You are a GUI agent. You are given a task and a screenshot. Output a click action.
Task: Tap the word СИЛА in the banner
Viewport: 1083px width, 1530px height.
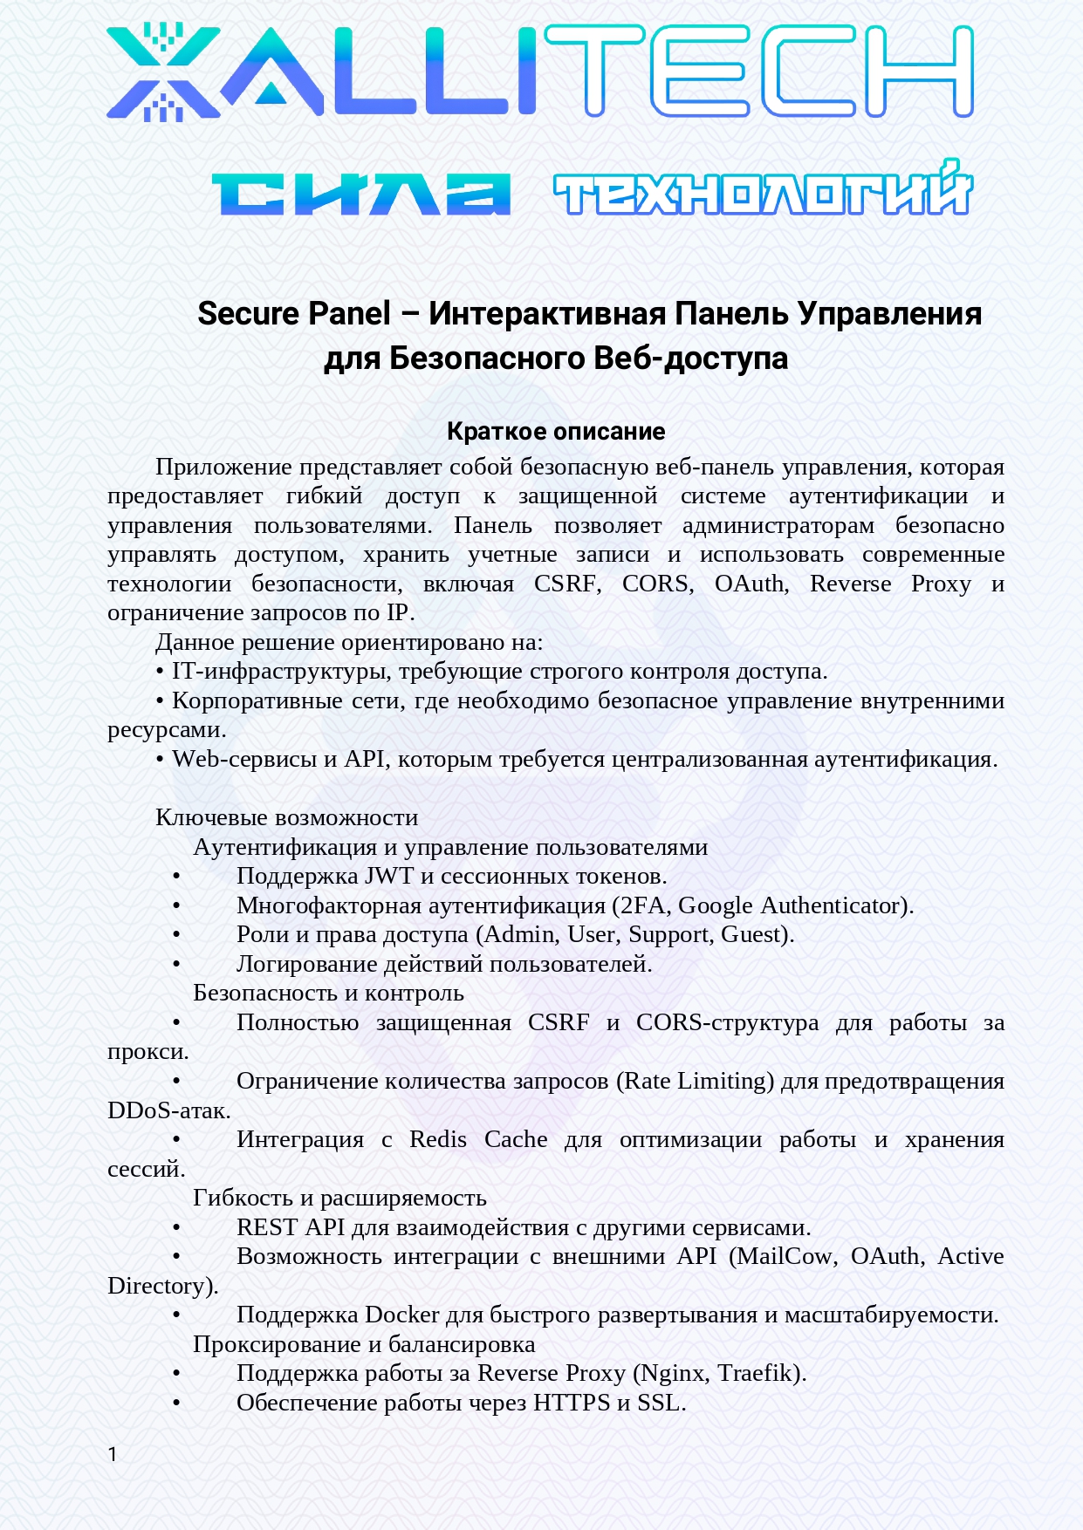click(360, 194)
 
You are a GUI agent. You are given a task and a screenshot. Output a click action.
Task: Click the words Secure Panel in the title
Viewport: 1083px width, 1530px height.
click(294, 314)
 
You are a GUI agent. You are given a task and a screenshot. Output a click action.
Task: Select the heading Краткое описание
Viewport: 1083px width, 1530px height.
click(556, 431)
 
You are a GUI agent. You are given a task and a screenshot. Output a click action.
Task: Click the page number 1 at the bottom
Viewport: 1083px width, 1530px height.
click(113, 1454)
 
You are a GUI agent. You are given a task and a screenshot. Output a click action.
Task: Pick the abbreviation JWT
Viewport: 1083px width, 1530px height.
click(389, 876)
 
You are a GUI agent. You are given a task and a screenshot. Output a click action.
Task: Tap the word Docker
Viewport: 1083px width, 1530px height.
click(401, 1315)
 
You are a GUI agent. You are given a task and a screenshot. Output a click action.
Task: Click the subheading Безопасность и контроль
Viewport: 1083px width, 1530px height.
click(328, 993)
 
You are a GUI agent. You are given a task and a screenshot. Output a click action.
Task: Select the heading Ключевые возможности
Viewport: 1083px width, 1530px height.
click(286, 817)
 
